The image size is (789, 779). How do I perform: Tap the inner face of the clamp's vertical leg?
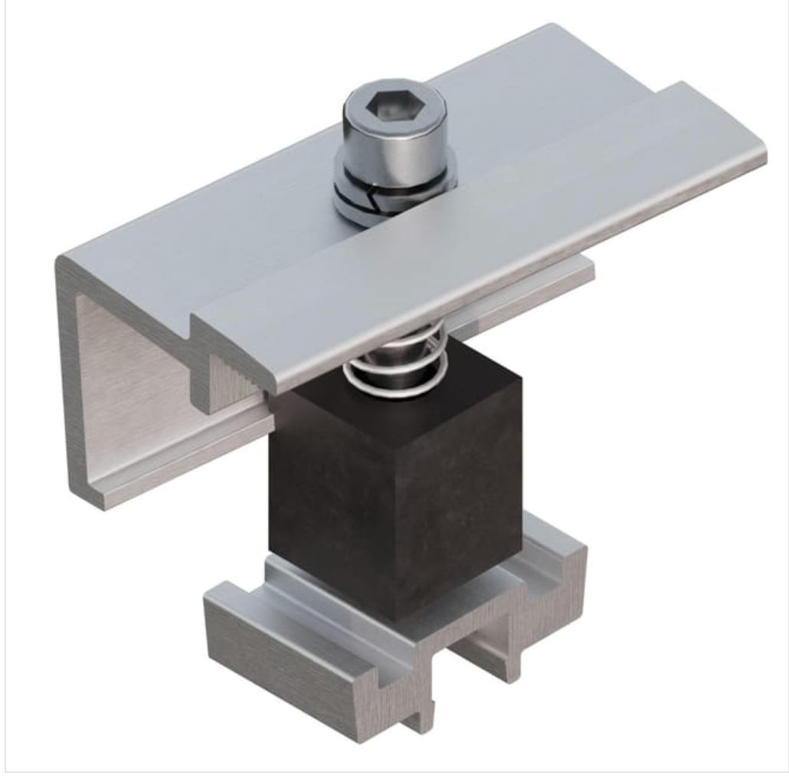click(x=130, y=383)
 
